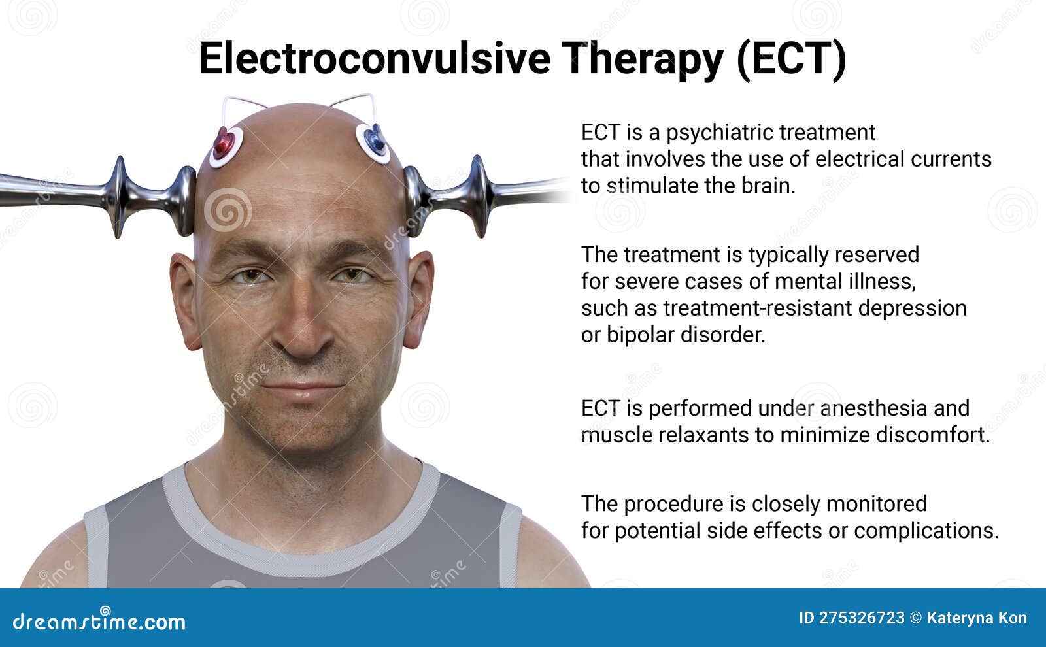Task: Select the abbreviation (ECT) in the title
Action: (x=791, y=58)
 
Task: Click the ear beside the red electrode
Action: (x=185, y=301)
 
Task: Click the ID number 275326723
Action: (x=862, y=618)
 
